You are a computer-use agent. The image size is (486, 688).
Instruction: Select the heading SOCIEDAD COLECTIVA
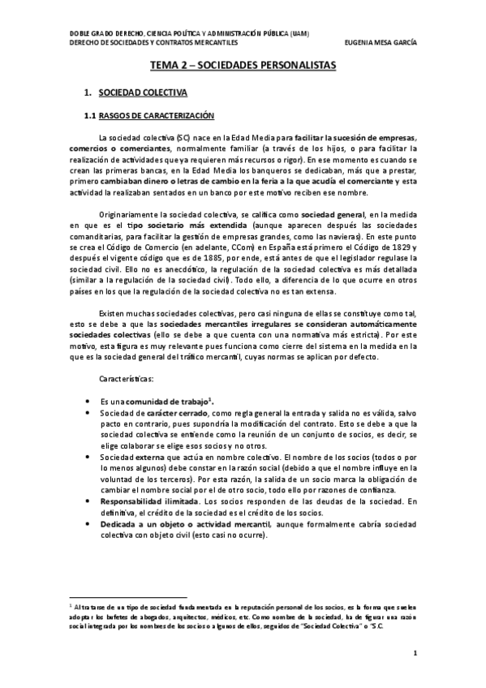click(x=144, y=93)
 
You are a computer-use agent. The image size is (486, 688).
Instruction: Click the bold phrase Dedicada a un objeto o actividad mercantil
click(x=184, y=523)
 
